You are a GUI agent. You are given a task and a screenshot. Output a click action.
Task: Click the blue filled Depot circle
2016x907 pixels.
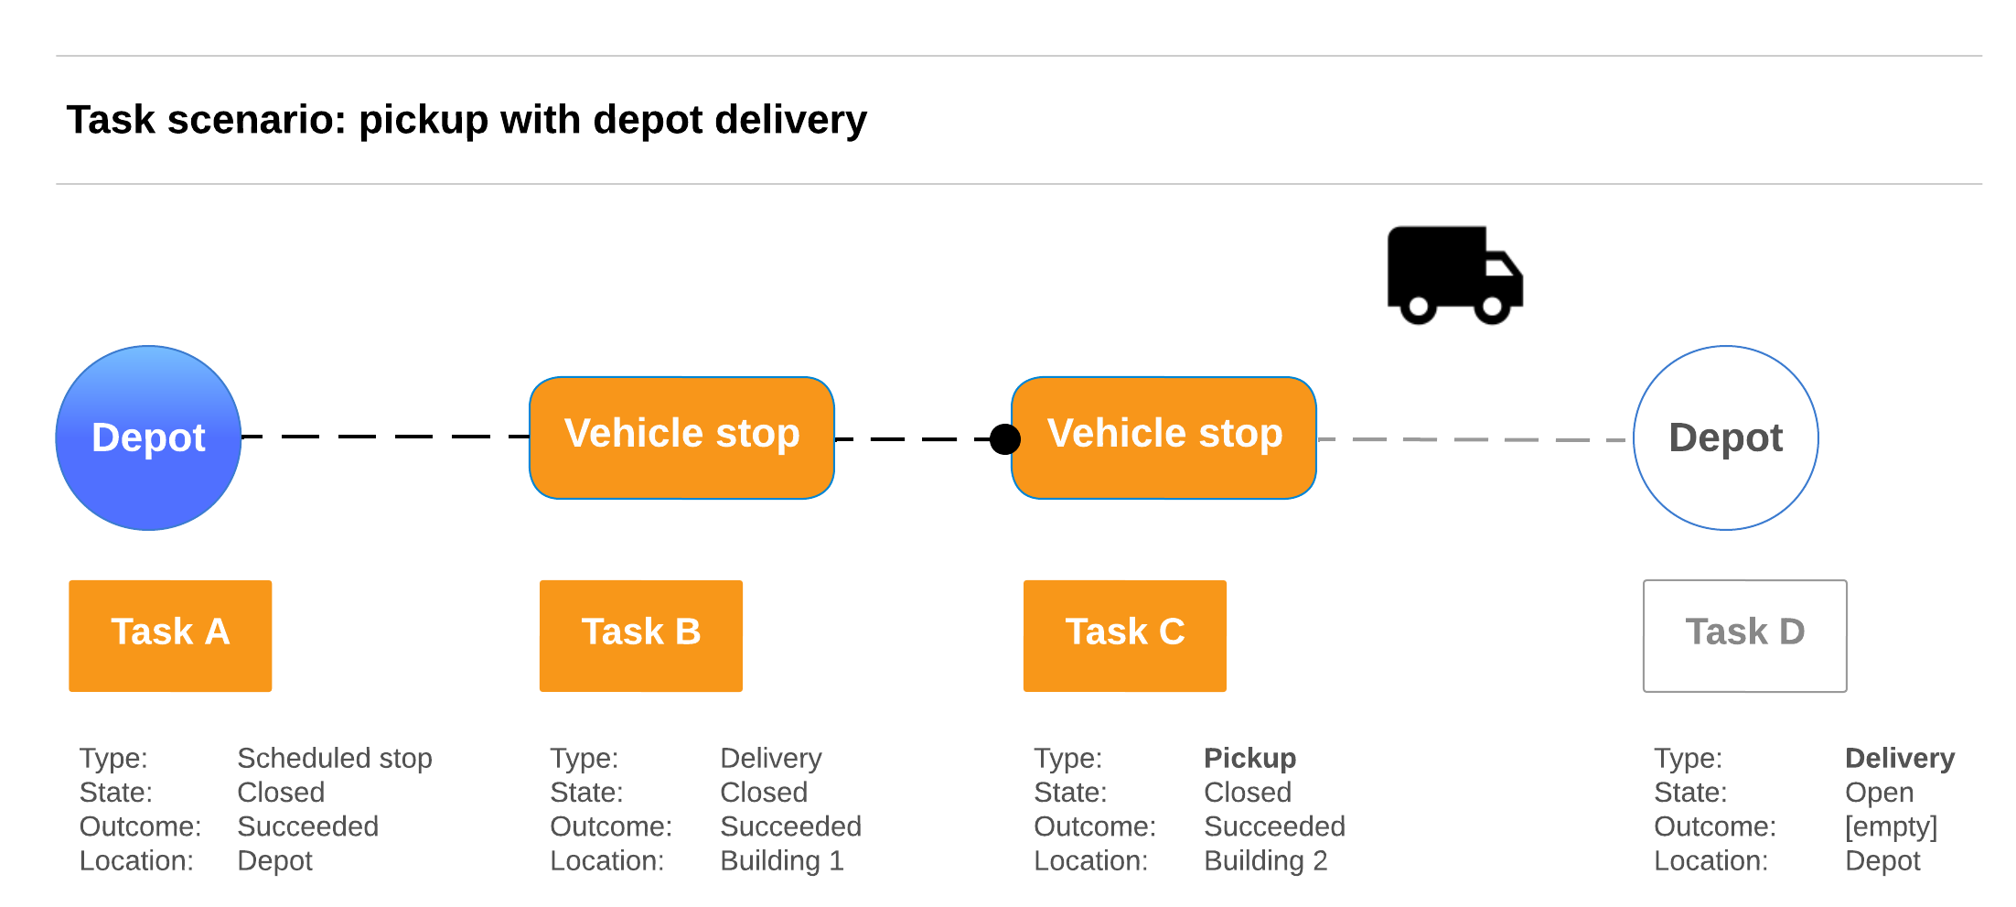click(148, 437)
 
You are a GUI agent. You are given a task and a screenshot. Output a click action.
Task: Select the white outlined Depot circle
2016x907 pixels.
click(1725, 437)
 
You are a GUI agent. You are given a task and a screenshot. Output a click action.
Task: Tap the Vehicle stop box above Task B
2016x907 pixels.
click(681, 437)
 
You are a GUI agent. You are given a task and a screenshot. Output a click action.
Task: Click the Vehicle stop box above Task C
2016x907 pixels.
click(1164, 437)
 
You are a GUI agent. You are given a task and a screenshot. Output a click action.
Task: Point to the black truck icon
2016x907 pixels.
click(1454, 275)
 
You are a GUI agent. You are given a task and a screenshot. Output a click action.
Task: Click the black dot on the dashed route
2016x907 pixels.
click(1005, 439)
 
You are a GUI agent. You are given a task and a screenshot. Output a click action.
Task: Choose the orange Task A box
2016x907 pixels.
click(170, 635)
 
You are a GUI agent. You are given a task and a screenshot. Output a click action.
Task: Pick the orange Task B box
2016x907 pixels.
click(640, 635)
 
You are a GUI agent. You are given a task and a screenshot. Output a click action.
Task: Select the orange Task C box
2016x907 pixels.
click(1124, 635)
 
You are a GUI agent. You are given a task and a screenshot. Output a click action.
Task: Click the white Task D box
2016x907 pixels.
click(1744, 635)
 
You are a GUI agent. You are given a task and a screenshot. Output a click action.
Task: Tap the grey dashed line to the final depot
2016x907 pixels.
click(1473, 439)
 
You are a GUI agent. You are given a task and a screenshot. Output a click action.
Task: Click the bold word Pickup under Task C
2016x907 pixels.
click(1249, 758)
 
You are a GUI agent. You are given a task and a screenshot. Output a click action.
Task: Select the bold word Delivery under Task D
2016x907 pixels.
click(1899, 758)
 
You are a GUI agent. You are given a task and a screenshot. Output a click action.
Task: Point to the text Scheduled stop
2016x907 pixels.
click(334, 758)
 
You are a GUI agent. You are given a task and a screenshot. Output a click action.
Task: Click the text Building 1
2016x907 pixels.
click(781, 860)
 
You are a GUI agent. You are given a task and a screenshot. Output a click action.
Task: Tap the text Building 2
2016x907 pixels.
click(1265, 860)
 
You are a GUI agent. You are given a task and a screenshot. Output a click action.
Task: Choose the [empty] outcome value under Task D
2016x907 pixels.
click(1890, 826)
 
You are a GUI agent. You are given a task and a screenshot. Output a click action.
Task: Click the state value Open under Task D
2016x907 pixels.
click(1879, 793)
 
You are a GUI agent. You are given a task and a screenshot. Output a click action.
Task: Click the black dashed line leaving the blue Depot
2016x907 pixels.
click(384, 437)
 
